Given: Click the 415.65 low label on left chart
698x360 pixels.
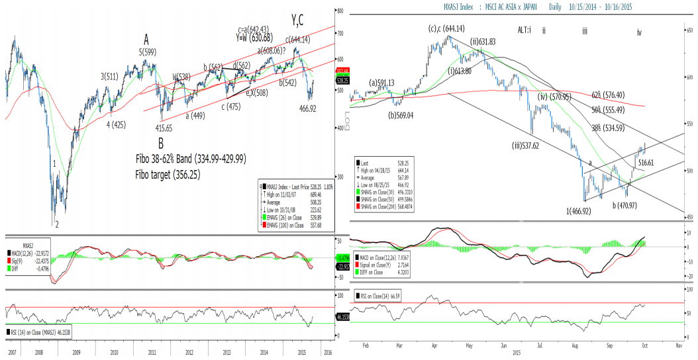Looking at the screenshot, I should tap(160, 128).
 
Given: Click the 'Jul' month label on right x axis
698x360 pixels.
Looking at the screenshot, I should tap(540, 345).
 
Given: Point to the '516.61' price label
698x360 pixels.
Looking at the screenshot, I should tap(647, 162).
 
